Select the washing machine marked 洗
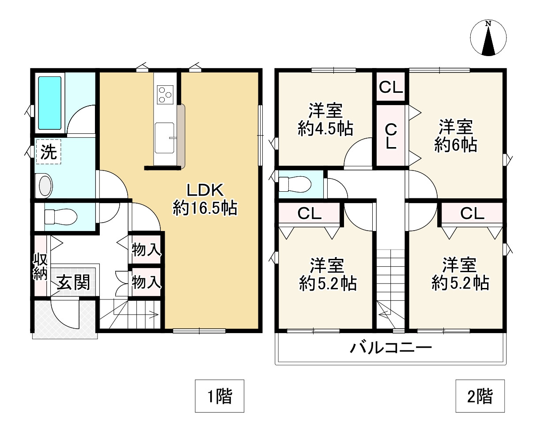click(48, 152)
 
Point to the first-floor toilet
click(60, 216)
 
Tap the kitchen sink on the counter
click(165, 137)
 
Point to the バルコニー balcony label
click(390, 348)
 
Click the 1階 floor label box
click(219, 396)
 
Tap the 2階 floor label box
click(480, 396)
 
